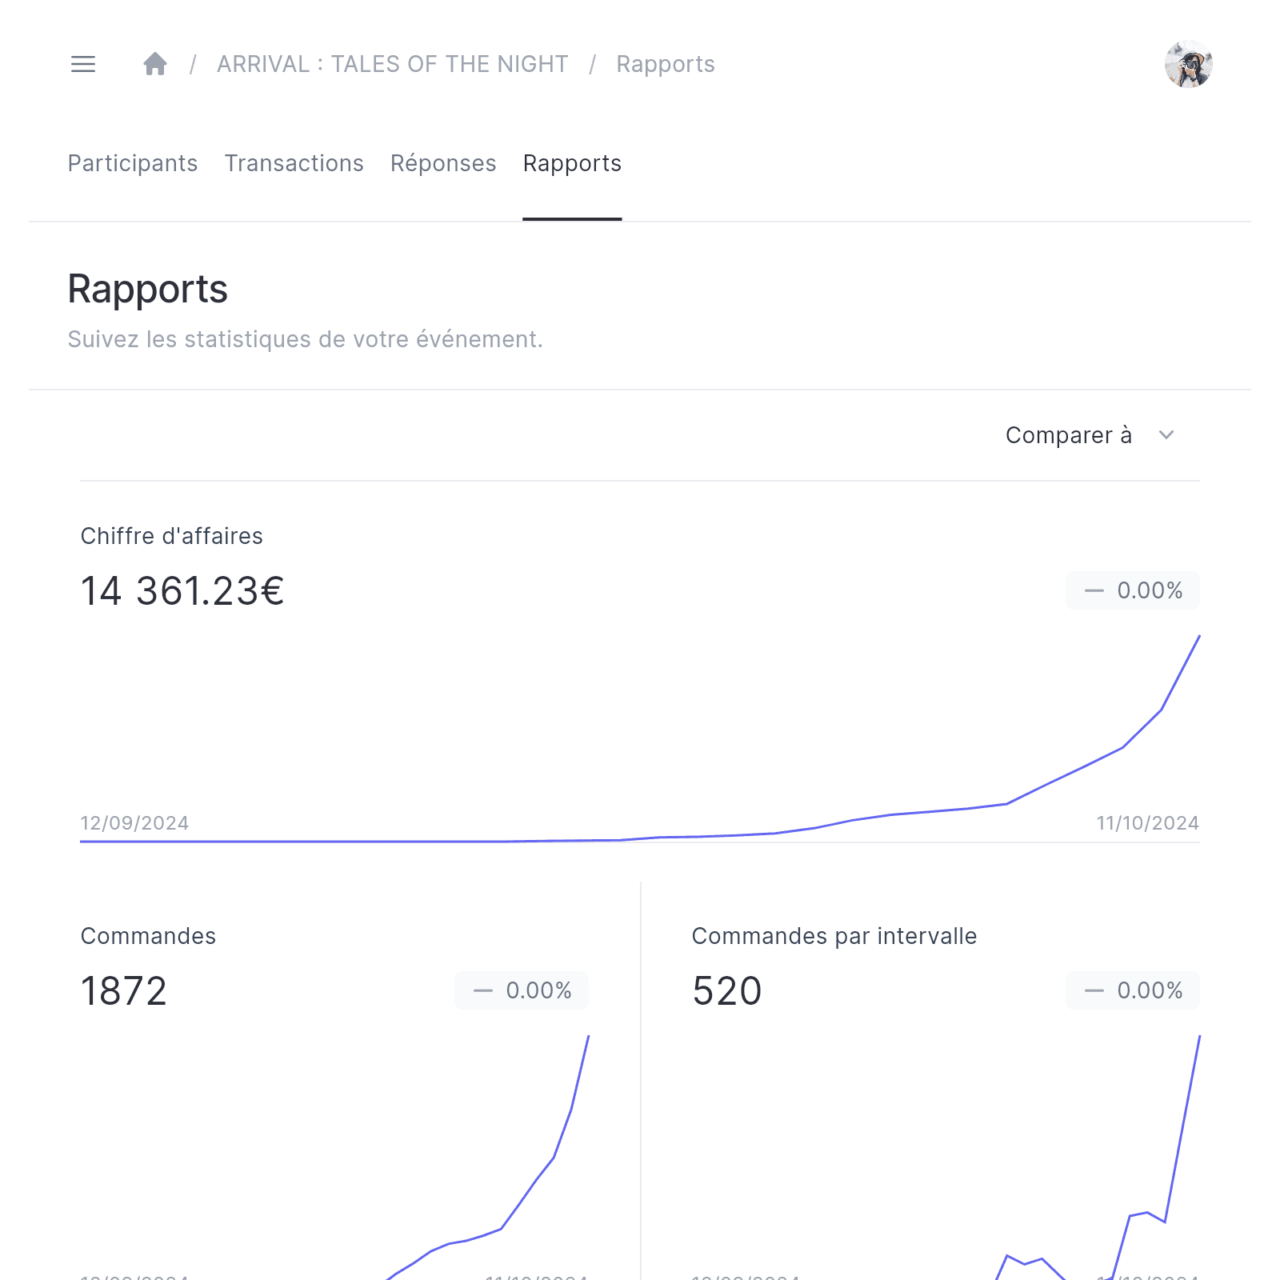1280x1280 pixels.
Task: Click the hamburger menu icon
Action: [x=83, y=64]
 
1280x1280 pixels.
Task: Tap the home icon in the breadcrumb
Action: [x=155, y=64]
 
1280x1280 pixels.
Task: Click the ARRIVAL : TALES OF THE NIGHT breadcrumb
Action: [x=392, y=64]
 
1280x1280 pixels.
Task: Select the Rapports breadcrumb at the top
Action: [x=665, y=64]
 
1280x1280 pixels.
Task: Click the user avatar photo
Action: [x=1188, y=64]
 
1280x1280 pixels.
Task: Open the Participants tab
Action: [x=133, y=163]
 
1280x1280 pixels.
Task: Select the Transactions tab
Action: [x=294, y=163]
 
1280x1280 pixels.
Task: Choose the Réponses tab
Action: [x=443, y=163]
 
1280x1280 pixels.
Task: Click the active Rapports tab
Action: [x=572, y=163]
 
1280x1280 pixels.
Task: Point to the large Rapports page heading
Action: [x=148, y=289]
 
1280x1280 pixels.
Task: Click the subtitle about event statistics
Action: [x=305, y=339]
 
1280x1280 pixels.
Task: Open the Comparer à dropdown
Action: [x=1089, y=435]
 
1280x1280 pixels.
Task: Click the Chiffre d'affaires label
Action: [x=172, y=536]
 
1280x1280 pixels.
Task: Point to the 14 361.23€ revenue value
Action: [x=182, y=591]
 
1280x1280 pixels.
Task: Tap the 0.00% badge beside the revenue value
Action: [x=1132, y=590]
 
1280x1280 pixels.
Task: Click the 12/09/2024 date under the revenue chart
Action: [x=134, y=823]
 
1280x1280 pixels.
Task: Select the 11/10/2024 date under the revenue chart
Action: [x=1147, y=823]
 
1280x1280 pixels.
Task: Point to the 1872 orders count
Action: [x=124, y=991]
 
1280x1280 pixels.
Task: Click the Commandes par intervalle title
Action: [x=834, y=936]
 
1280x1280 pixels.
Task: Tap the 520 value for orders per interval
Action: [x=726, y=991]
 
